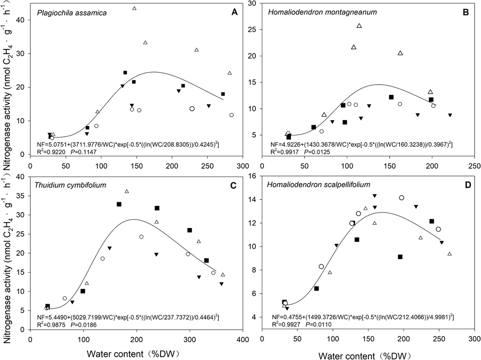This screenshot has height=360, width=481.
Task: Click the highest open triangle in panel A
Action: (134, 8)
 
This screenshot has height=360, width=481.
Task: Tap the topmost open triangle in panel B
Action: (359, 25)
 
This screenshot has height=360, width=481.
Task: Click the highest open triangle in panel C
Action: (127, 191)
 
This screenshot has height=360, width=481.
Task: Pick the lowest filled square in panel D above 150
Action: (400, 257)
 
